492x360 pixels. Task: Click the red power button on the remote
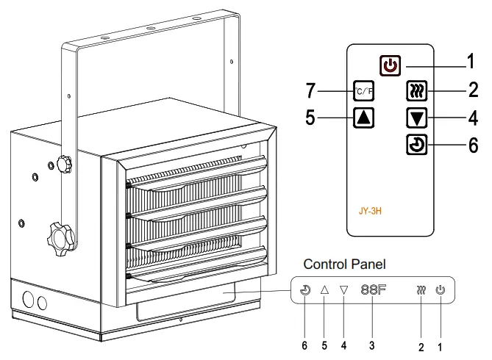[391, 65]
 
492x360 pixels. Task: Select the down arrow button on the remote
[416, 118]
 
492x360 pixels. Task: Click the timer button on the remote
[416, 144]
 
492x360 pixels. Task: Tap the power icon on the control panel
[440, 289]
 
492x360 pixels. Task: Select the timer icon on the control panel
[305, 289]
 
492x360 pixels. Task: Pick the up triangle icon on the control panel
[324, 289]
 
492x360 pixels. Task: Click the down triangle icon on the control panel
[343, 289]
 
